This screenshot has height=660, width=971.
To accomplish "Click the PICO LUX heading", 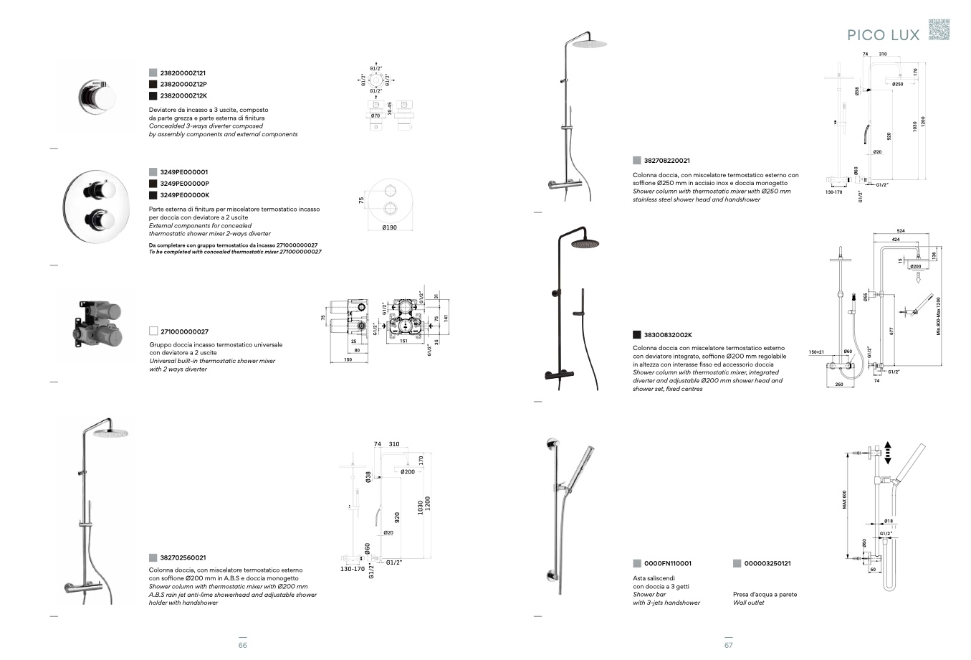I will point(883,35).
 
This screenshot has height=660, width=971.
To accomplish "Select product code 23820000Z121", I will point(183,73).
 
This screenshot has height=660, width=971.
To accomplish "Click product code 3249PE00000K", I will point(184,195).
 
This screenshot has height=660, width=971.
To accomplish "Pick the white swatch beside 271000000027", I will point(153,331).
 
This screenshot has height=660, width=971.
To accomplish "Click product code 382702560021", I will point(183,557).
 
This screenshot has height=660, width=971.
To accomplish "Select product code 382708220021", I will point(666,161).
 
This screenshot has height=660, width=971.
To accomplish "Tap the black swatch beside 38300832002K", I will point(636,334).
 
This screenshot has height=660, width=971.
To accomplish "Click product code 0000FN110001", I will point(667,564).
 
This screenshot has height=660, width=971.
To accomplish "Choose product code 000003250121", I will point(767,564).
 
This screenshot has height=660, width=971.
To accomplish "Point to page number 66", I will point(242,645).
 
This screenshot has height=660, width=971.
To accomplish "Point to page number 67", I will point(728,645).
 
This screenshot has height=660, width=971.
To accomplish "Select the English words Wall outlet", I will point(748,603).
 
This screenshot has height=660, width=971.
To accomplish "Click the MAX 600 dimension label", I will point(844,500).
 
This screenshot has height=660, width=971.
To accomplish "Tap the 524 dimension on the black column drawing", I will point(901,230).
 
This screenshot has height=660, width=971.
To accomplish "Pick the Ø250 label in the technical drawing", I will point(897,84).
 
